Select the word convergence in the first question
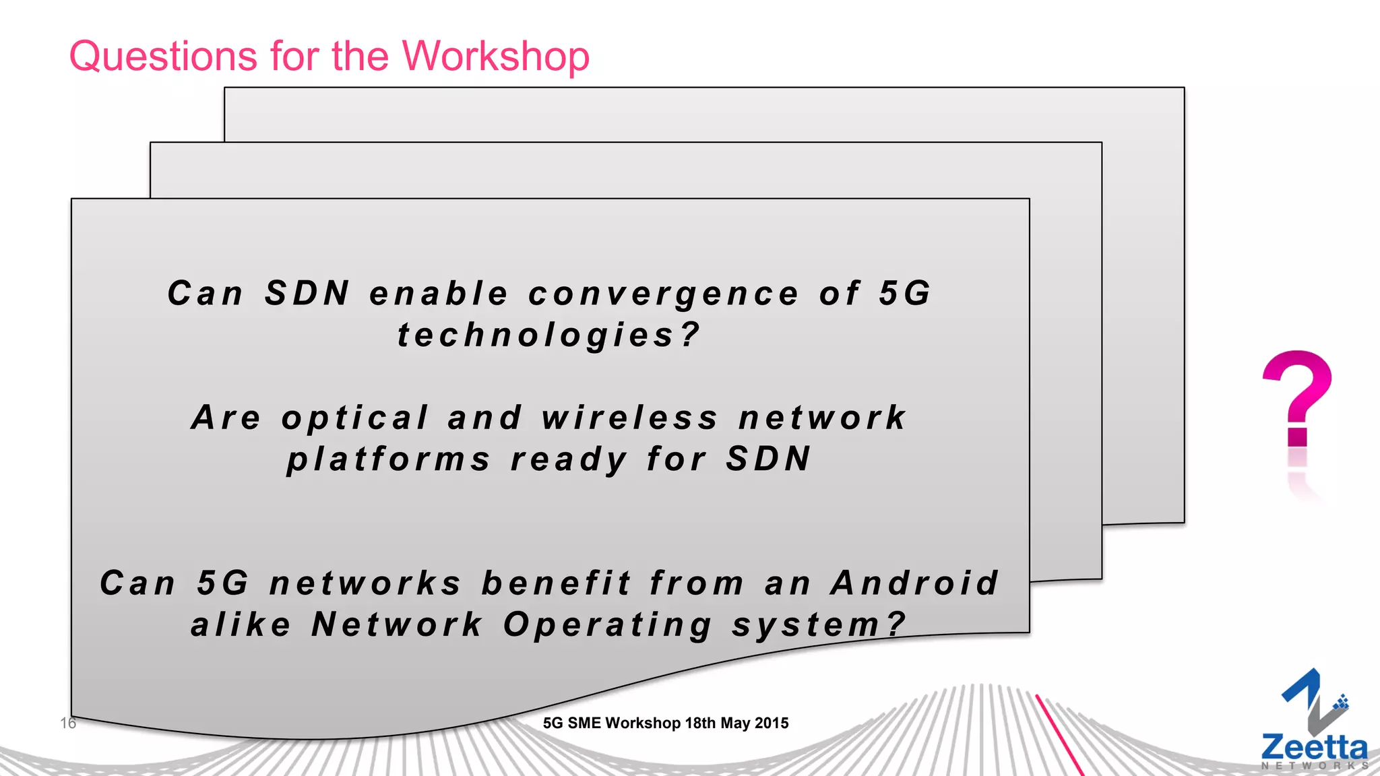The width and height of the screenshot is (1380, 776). pos(664,294)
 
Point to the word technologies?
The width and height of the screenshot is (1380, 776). pos(548,335)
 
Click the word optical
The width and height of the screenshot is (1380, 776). pos(355,418)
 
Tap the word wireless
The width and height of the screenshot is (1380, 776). pos(630,418)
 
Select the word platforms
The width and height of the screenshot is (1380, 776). pos(389,460)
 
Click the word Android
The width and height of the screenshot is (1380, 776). pos(914,583)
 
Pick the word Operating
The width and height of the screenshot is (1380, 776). pos(608,625)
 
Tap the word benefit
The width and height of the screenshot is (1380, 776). pos(557,583)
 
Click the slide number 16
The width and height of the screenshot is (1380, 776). pos(68,723)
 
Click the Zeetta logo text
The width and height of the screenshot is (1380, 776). pos(1314,748)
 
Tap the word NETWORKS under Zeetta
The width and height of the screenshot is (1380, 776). pos(1314,766)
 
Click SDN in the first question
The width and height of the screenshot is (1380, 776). pos(307,294)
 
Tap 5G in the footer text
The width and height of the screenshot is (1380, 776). pos(553,723)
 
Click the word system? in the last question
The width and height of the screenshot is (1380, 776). pos(819,625)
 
